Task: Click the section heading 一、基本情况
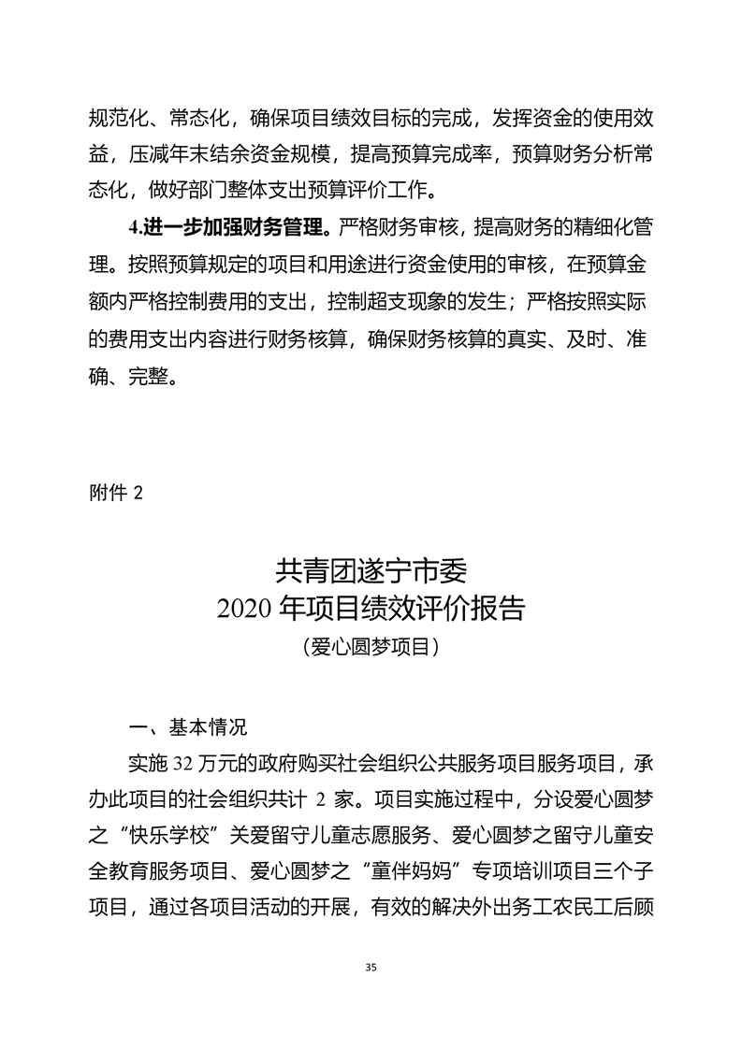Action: [187, 726]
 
